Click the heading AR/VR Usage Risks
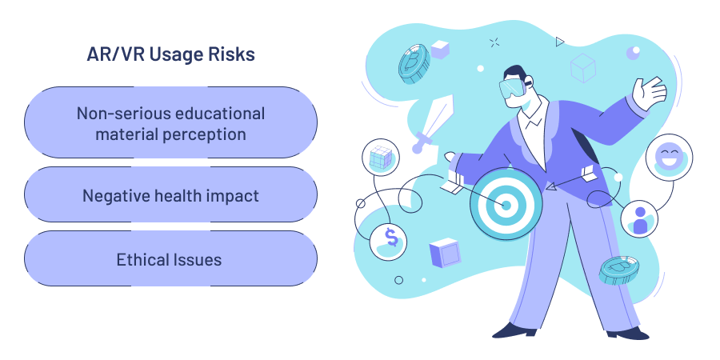tap(170, 54)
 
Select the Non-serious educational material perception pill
tap(170, 123)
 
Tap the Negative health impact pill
tap(170, 195)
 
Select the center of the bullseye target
tap(506, 205)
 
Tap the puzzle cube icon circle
tap(380, 158)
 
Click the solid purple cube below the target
tap(444, 253)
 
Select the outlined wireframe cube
tap(583, 68)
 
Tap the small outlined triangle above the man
tap(560, 41)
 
